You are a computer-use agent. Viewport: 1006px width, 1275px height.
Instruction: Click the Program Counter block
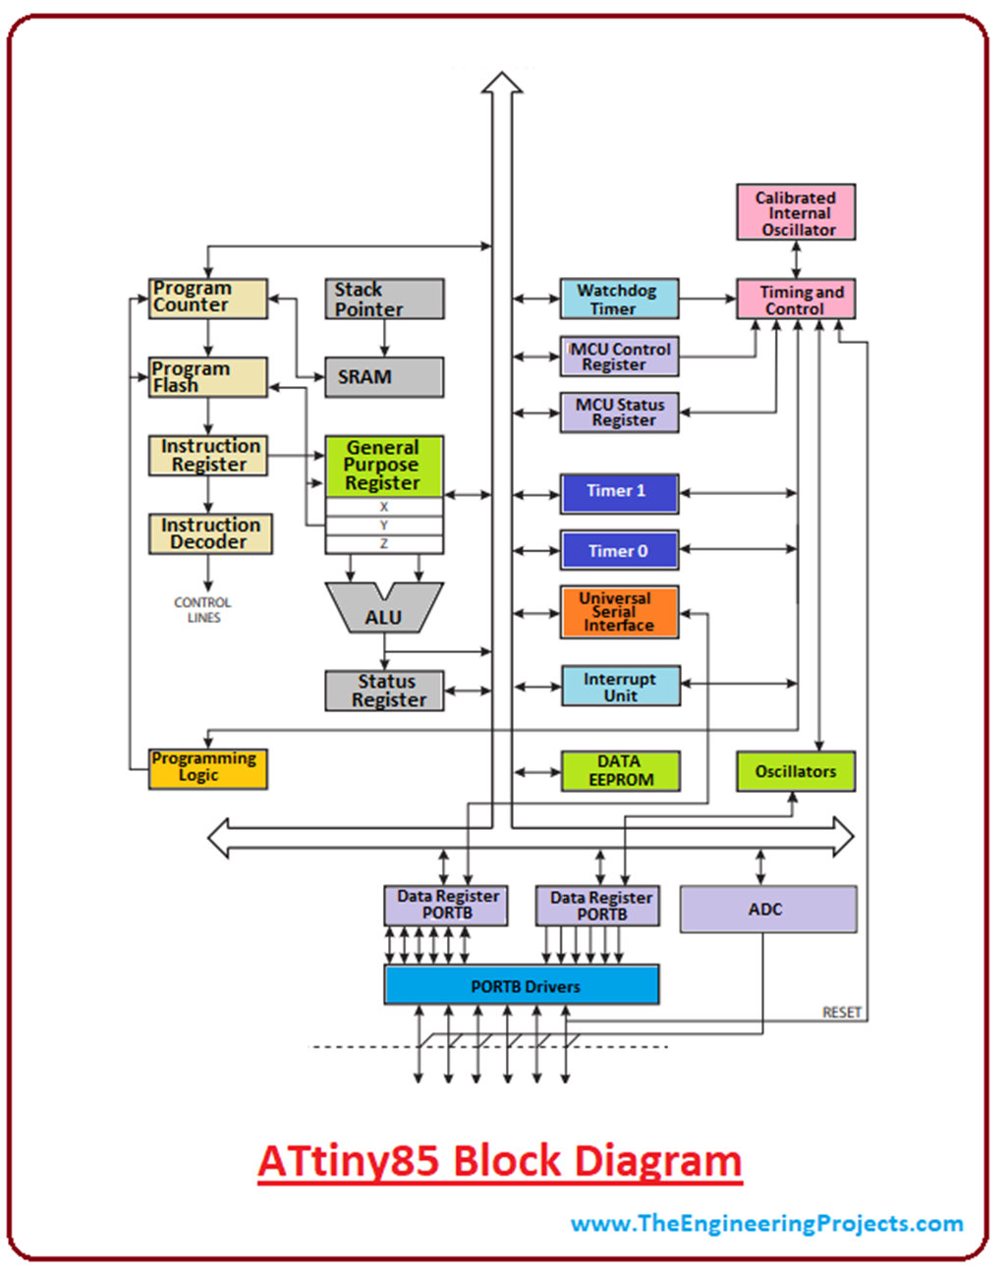coord(207,298)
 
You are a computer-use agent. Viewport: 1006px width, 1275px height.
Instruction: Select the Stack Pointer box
coord(384,299)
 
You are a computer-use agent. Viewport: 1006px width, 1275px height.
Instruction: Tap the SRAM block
coord(384,377)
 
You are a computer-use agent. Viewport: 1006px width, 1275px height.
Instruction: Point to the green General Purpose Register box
coord(383,466)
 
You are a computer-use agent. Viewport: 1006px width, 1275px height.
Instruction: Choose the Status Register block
coord(384,691)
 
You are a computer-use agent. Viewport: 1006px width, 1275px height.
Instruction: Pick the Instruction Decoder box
coord(210,533)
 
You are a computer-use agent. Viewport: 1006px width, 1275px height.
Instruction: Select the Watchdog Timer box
coord(619,299)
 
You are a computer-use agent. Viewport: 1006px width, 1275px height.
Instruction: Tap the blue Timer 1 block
coord(619,492)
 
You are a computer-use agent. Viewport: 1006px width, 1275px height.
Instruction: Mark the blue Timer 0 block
coord(619,550)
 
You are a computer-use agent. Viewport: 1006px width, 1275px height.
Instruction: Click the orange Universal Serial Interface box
coord(619,612)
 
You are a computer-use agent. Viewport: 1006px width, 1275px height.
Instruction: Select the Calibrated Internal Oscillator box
coord(796,212)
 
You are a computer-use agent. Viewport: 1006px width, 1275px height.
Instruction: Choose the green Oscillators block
coord(796,771)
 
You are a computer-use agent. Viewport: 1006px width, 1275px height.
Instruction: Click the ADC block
coord(767,910)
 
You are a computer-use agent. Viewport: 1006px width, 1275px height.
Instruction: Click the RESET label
coord(842,1013)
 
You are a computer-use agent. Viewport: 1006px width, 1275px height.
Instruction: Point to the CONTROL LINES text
coord(203,610)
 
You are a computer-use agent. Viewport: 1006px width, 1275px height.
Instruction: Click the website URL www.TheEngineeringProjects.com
coord(767,1223)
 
